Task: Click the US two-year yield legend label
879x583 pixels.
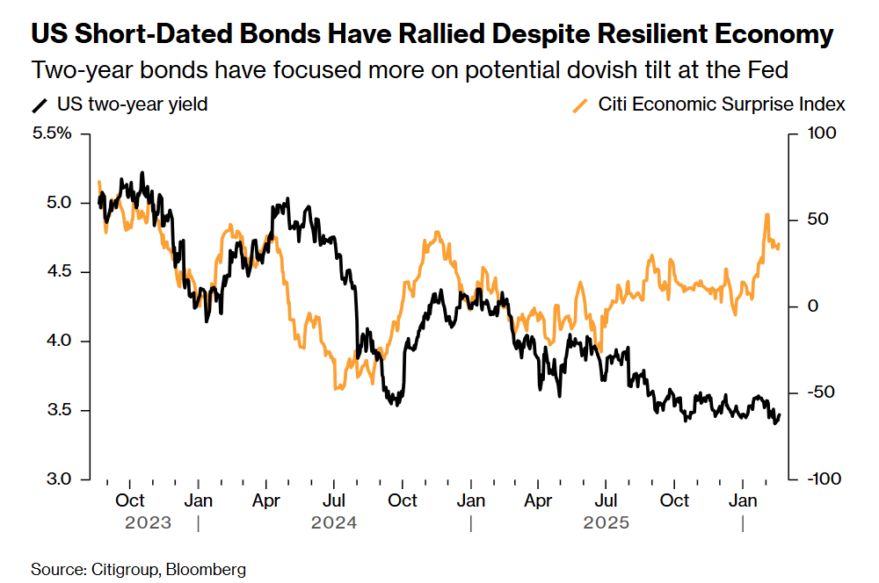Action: pyautogui.click(x=132, y=105)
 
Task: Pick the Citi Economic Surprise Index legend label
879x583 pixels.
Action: pyautogui.click(x=722, y=105)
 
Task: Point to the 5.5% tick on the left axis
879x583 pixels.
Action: pyautogui.click(x=53, y=134)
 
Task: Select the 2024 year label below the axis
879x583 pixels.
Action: pyautogui.click(x=334, y=523)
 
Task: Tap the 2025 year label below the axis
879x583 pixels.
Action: pyautogui.click(x=607, y=523)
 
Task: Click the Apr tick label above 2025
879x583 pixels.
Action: pyautogui.click(x=538, y=500)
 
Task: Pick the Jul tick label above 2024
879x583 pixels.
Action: pyautogui.click(x=333, y=500)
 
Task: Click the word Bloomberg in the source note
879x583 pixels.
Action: pyautogui.click(x=208, y=569)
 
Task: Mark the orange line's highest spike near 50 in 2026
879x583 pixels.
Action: pyautogui.click(x=767, y=214)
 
